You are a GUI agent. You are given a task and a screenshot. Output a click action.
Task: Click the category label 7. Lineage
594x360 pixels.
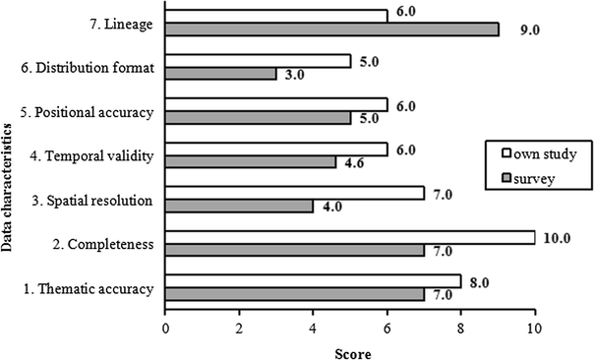(121, 24)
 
